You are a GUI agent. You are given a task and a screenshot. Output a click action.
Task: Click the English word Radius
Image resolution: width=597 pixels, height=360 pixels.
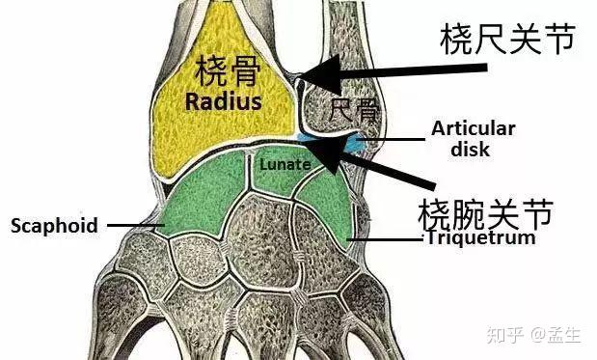click(x=224, y=100)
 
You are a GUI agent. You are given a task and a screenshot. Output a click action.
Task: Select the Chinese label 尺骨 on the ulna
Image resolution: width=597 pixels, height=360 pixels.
click(x=353, y=110)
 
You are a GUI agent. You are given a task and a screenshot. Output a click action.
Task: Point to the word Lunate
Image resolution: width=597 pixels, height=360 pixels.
click(x=285, y=164)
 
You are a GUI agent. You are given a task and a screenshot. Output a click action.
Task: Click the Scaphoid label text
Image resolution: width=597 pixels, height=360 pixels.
click(x=54, y=226)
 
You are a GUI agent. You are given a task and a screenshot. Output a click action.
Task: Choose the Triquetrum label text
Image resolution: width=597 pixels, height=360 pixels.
click(x=480, y=236)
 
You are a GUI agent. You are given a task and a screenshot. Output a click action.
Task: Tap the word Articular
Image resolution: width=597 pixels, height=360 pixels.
click(x=474, y=127)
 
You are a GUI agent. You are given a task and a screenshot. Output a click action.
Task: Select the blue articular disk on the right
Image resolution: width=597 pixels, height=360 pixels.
click(x=355, y=144)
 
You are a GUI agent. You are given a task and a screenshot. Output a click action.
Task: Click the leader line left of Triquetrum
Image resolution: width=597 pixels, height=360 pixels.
click(x=386, y=237)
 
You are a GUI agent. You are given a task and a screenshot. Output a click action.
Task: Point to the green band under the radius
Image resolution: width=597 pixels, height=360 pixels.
click(x=241, y=183)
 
